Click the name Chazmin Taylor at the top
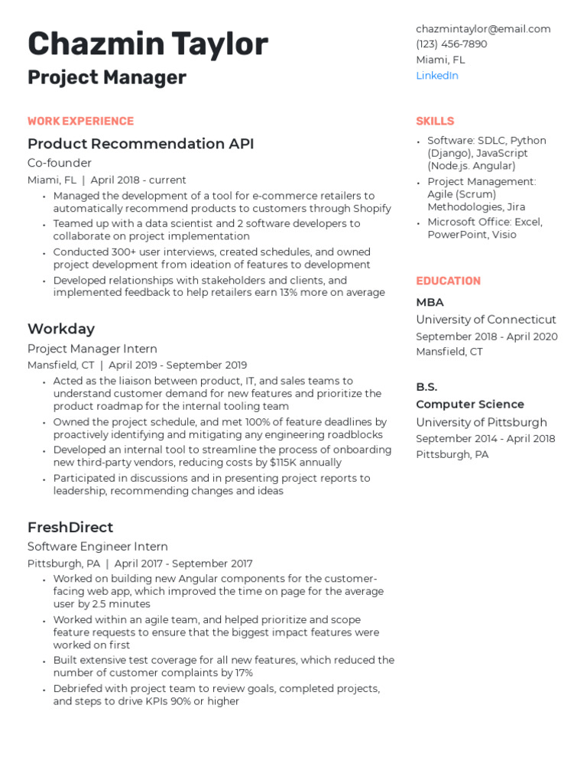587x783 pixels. coord(148,44)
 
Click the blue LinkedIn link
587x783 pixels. coord(436,76)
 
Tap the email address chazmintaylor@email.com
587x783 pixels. coord(483,29)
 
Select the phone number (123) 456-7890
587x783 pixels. coord(451,44)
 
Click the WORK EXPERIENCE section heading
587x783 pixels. coord(80,122)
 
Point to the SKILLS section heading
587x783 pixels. coord(435,122)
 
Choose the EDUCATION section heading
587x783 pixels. coord(448,281)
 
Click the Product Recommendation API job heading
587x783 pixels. coord(141,144)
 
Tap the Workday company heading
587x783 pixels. coord(61,329)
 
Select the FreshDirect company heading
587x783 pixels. coord(70,527)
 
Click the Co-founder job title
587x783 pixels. coord(60,163)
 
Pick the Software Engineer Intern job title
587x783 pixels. coord(98,547)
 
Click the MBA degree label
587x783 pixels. coord(430,302)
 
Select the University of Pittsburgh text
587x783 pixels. coord(482,422)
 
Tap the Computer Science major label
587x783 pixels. coord(470,404)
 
